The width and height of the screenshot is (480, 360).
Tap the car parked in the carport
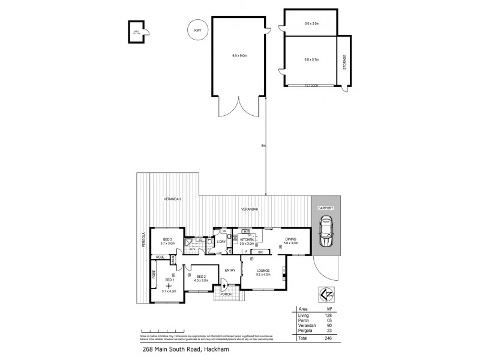[x=327, y=233]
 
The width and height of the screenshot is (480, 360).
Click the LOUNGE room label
[x=263, y=271]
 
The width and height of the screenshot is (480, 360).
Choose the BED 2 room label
[x=200, y=277]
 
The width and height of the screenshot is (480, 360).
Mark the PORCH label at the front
[x=226, y=294]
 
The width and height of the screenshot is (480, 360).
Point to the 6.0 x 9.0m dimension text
[x=239, y=55]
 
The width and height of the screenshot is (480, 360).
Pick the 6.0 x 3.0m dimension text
[x=311, y=23]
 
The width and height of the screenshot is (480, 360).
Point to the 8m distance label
[x=263, y=145]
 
